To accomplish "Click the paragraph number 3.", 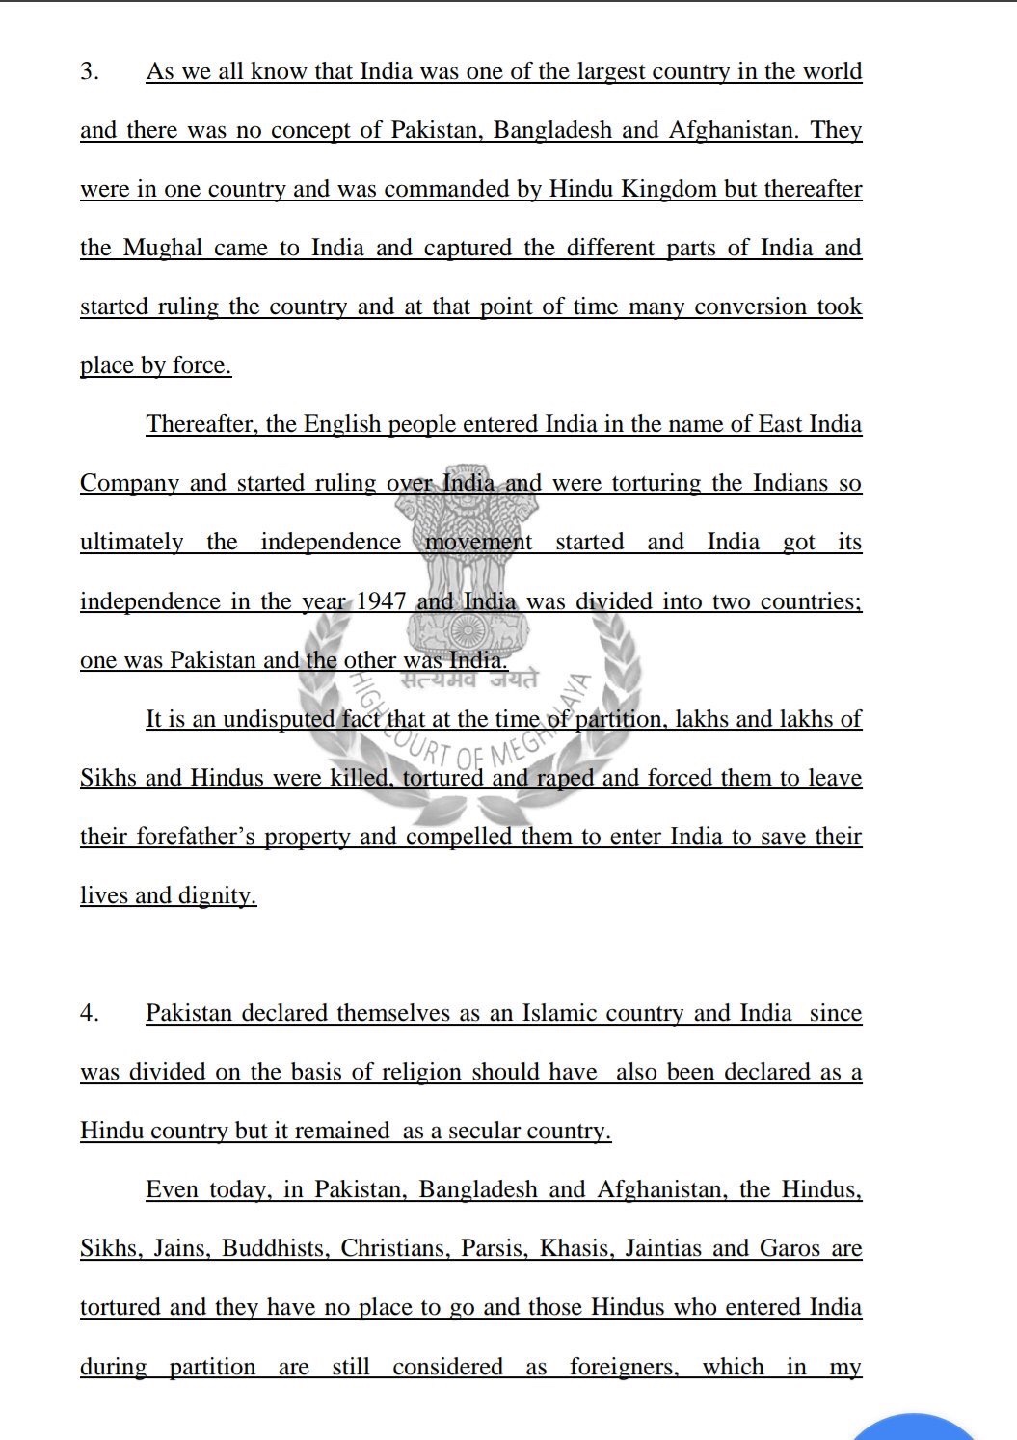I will [89, 72].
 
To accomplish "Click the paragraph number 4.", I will [89, 1014].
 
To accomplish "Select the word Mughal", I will [163, 249].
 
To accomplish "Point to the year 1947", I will [382, 602].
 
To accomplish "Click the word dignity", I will [217, 896].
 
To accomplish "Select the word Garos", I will [790, 1249].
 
